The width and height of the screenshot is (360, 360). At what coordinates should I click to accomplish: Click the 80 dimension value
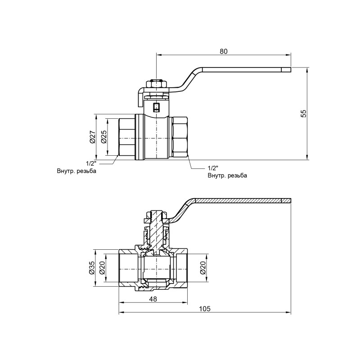tap(224, 51)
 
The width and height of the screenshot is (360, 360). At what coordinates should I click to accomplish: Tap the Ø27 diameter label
tap(92, 137)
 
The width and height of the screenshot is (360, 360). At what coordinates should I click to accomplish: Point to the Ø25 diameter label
tap(103, 137)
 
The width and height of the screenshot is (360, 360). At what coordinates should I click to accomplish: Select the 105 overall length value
tap(205, 309)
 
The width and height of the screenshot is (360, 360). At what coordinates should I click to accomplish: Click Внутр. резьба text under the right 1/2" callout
tap(227, 175)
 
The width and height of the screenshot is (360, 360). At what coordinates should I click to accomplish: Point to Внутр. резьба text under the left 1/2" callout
tap(76, 171)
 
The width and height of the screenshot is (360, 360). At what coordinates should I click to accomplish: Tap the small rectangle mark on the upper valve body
tap(156, 108)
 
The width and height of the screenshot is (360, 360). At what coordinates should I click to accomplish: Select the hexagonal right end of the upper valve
tap(180, 137)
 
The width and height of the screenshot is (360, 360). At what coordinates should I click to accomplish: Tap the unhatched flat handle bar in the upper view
tap(243, 70)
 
